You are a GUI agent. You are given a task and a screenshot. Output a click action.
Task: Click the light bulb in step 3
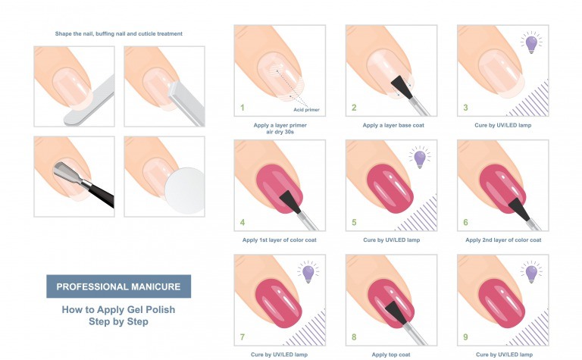(531, 44)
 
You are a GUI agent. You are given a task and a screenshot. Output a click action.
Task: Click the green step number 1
(242, 108)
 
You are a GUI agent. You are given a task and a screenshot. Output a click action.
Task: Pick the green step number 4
(242, 222)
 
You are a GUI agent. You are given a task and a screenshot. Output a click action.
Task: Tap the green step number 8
(354, 337)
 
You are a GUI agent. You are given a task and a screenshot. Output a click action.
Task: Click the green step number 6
(465, 222)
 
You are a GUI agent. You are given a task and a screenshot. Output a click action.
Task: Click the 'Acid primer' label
(306, 110)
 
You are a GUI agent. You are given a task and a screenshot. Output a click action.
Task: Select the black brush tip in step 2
(402, 87)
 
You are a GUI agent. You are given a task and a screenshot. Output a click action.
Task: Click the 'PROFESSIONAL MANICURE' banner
(119, 286)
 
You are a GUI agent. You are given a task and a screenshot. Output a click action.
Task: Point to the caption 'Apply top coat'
(391, 355)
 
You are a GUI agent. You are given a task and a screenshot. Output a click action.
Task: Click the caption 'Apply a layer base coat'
(393, 126)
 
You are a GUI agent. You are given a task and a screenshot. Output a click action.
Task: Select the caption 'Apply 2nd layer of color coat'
(503, 240)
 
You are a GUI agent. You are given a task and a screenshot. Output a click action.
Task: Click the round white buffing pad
(184, 191)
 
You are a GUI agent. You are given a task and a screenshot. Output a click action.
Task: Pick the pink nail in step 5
(390, 189)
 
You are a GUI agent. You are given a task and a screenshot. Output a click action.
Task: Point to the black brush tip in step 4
(290, 202)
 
